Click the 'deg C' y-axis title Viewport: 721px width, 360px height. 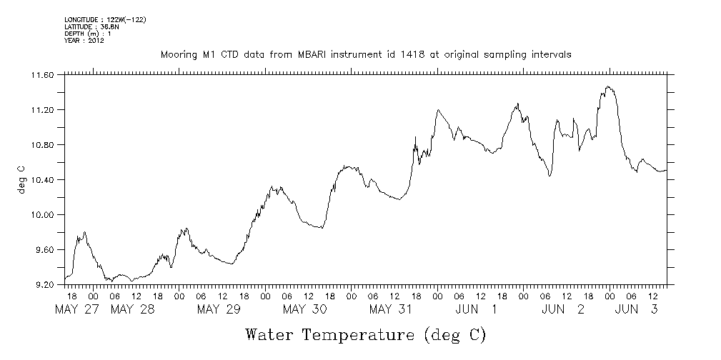click(21, 180)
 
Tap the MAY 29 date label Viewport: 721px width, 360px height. click(219, 309)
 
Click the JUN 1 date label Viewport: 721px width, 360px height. click(477, 309)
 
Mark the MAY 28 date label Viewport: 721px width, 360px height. click(134, 309)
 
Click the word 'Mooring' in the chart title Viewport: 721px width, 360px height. click(178, 54)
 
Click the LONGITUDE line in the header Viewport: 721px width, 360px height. click(105, 19)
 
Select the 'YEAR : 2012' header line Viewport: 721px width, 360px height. click(85, 41)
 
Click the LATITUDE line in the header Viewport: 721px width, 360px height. click(91, 26)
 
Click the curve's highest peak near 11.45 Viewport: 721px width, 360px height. click(608, 87)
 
